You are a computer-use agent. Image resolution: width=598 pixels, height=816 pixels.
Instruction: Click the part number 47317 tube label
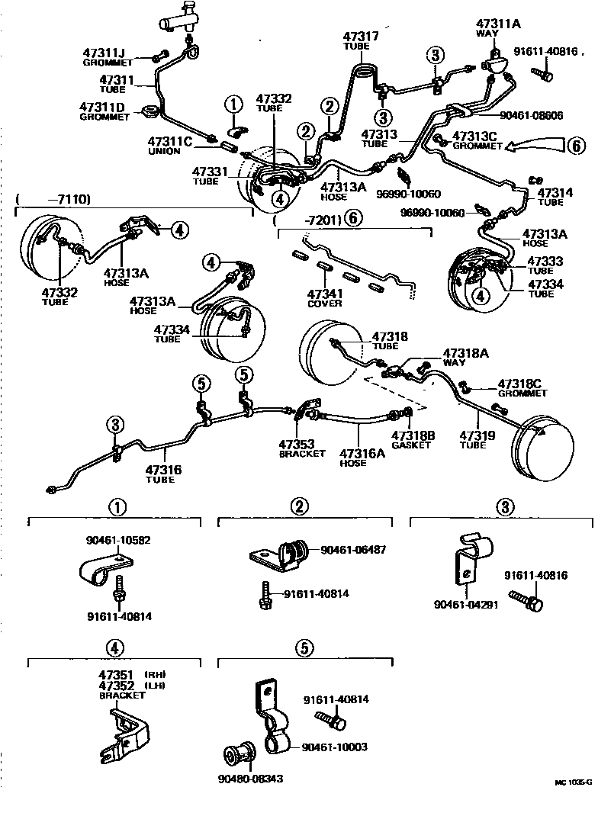(360, 36)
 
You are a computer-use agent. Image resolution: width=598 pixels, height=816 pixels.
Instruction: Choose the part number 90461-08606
(531, 115)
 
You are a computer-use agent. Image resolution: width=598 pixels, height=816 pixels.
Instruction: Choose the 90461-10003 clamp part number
(334, 747)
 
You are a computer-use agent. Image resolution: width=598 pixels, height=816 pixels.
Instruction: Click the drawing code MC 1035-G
(573, 782)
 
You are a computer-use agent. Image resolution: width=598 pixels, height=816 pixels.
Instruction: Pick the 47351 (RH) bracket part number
(116, 675)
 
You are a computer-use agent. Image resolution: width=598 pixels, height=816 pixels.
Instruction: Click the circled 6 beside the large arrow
(576, 144)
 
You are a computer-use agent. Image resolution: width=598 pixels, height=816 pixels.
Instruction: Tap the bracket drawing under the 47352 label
(123, 732)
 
